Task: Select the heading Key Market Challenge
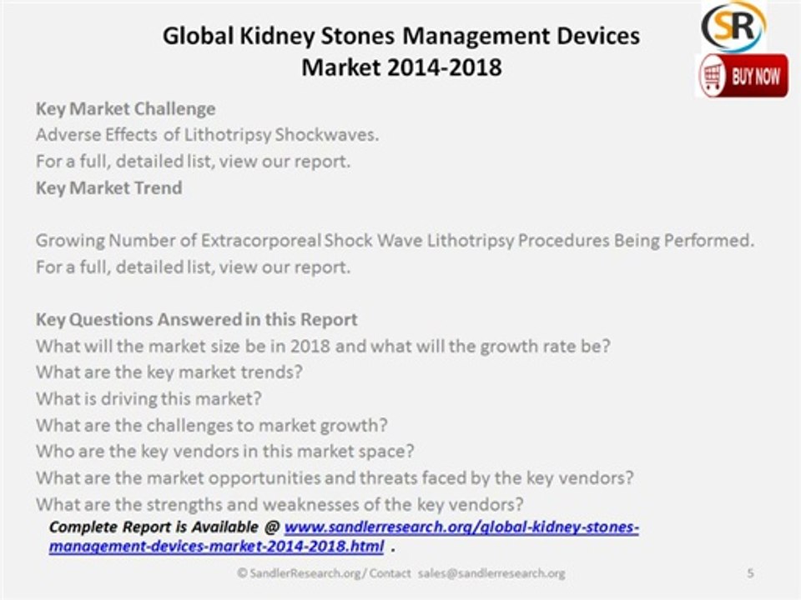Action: coord(125,109)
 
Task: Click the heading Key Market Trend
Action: coord(108,187)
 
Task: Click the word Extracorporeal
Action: coord(261,241)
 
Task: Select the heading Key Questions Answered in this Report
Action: coord(197,320)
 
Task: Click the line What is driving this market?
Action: coord(149,398)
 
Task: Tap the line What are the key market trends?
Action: coord(169,372)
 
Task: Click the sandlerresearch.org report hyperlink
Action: coord(461,527)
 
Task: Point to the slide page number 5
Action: coord(750,573)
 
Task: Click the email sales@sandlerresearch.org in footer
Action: coord(491,573)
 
